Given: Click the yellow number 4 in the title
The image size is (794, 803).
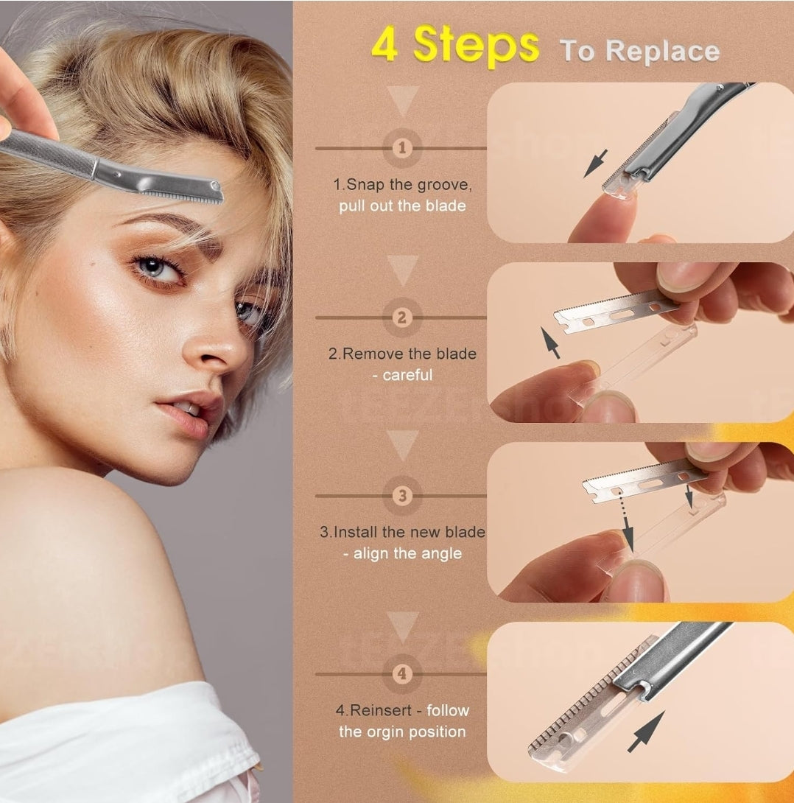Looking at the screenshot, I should click(384, 45).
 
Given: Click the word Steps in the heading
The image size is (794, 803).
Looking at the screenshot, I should click(476, 46).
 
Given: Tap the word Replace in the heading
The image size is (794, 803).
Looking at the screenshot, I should click(661, 51).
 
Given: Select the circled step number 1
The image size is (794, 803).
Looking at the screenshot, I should click(401, 148).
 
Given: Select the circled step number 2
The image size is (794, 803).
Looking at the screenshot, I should click(401, 318).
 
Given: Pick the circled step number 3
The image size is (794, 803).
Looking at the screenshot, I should click(401, 496).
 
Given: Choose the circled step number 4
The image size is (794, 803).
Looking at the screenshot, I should click(401, 673).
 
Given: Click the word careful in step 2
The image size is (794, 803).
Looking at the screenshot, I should click(407, 375).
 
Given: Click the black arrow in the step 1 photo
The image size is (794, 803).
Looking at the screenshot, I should click(596, 163).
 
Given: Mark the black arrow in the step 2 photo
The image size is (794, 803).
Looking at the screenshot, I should click(550, 343).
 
